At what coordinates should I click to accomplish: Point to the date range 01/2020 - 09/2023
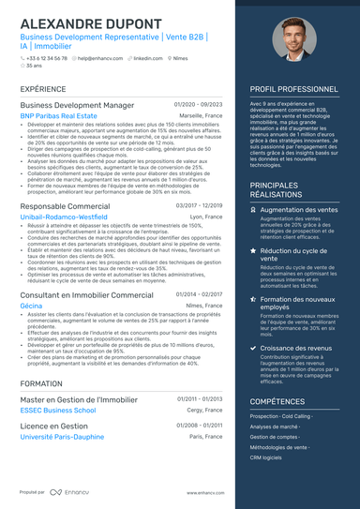(x=199, y=105)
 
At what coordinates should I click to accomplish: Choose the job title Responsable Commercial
(x=64, y=205)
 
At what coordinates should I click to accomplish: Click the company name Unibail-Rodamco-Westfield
(x=69, y=217)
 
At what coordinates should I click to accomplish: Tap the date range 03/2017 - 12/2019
(x=199, y=205)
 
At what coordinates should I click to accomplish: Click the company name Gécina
(x=31, y=306)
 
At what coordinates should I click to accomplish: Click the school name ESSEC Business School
(x=57, y=410)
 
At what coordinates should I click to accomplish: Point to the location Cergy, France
(x=205, y=410)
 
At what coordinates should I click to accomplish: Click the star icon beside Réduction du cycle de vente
(x=253, y=252)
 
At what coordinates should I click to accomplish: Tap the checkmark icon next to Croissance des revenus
(x=253, y=347)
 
